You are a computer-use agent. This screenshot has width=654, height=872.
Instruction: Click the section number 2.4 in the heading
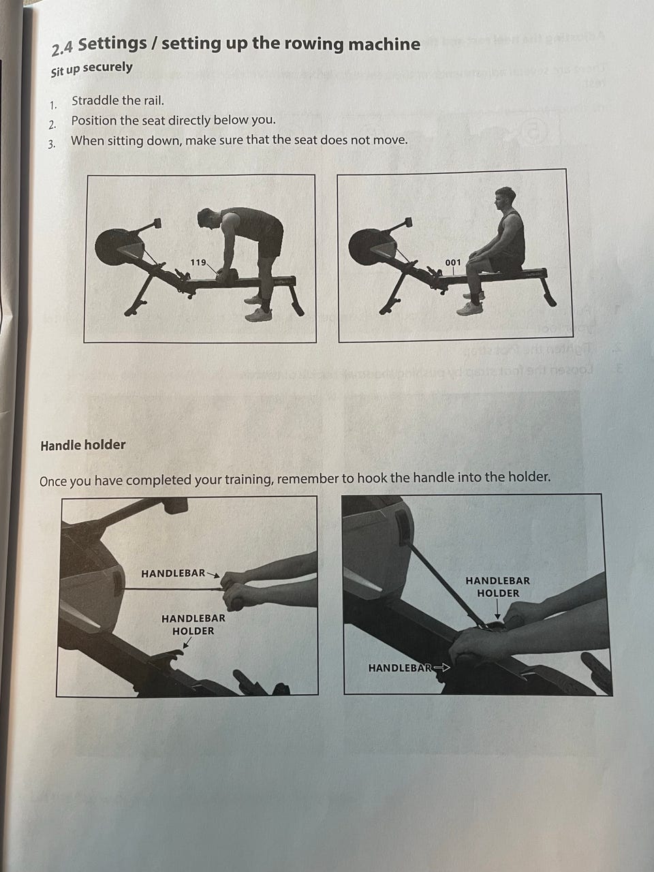[x=62, y=49]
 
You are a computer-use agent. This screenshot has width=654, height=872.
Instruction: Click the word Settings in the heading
[x=112, y=44]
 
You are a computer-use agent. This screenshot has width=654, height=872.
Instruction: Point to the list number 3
[x=52, y=144]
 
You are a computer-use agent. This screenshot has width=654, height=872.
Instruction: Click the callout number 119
[x=198, y=262]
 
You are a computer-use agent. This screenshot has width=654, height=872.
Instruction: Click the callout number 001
[x=452, y=262]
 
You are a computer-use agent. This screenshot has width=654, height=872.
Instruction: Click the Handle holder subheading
[x=83, y=446]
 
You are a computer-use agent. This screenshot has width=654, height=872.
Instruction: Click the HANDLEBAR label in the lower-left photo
[x=173, y=573]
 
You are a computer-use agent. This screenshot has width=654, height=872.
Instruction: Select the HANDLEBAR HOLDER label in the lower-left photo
[x=193, y=625]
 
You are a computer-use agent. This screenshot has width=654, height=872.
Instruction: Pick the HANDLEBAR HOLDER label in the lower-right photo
[x=497, y=587]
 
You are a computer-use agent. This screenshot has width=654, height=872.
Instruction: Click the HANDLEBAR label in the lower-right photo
[x=400, y=668]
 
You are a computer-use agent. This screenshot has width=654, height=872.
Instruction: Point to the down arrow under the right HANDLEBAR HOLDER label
[x=497, y=610]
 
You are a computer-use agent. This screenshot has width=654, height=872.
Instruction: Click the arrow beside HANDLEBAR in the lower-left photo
[x=213, y=574]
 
